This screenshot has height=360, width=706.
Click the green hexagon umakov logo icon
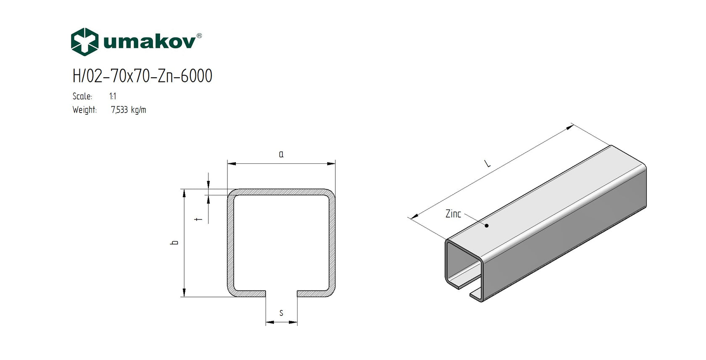(x=84, y=42)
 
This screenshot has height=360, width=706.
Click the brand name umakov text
(x=149, y=42)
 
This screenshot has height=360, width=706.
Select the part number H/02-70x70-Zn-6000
(x=142, y=76)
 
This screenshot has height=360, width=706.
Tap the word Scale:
(x=82, y=96)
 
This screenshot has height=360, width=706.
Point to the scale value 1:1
(x=113, y=96)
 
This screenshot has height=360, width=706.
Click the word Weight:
(x=84, y=110)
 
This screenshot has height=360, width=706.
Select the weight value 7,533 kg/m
(x=129, y=110)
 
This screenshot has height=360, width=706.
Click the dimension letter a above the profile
(x=281, y=154)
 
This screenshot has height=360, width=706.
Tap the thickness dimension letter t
(x=199, y=219)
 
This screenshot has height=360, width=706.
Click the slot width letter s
(x=281, y=313)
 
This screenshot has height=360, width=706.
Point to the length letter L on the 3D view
(x=487, y=163)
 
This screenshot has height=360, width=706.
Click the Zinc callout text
(x=453, y=214)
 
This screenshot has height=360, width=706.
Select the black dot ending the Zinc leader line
(x=487, y=226)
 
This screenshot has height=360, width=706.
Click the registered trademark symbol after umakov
(x=199, y=36)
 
